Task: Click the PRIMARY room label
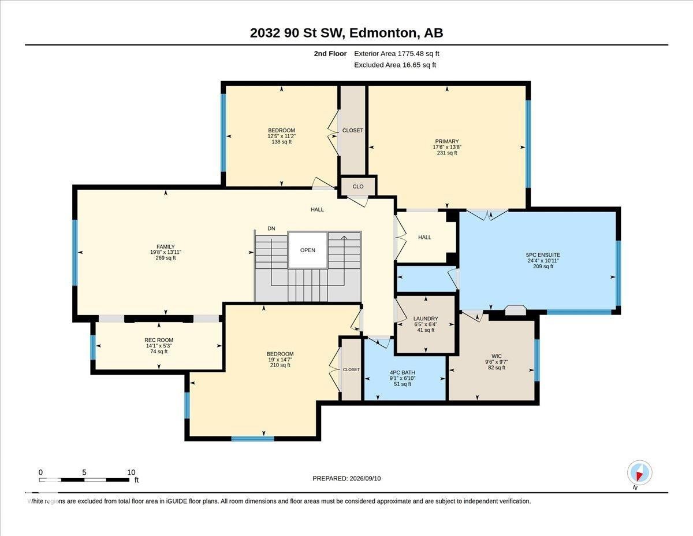pos(447,142)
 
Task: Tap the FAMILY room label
pos(166,246)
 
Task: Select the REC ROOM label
pos(159,340)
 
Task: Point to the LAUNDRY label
pos(426,319)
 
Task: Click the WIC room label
pos(497,356)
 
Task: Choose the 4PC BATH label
pos(403,372)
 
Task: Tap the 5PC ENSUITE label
pos(543,255)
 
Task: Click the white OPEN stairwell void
pos(308,250)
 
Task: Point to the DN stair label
pos(271,228)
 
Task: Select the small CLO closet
pos(358,186)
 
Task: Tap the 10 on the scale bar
pos(132,472)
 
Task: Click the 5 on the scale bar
pos(84,472)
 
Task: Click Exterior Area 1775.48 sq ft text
pos(396,54)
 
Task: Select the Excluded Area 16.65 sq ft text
pos(395,65)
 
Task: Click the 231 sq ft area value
pos(447,153)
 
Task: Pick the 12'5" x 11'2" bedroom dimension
pos(281,136)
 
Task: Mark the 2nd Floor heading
pos(330,54)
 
